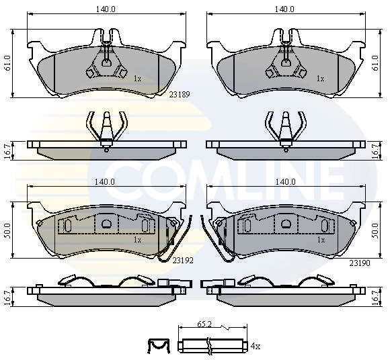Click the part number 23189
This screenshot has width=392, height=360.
tap(180, 95)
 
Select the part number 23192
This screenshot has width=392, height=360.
tap(184, 259)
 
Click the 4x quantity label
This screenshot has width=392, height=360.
tap(255, 346)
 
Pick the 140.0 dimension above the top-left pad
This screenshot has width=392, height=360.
tap(105, 10)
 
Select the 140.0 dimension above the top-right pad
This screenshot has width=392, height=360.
tap(285, 10)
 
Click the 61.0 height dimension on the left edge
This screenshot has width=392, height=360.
tap(7, 64)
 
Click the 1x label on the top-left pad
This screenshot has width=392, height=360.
tap(137, 79)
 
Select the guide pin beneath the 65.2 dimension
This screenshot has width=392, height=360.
tap(212, 346)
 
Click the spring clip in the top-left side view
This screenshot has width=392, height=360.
tap(106, 128)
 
